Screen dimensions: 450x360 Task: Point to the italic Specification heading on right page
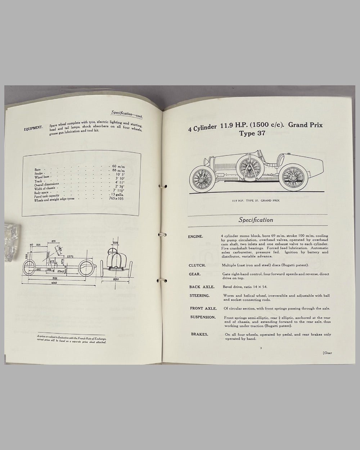point(256,220)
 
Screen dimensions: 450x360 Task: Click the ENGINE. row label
point(195,237)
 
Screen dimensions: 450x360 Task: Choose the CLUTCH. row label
point(197,265)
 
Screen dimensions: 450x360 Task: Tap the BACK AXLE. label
point(202,287)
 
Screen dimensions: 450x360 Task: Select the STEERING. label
point(200,296)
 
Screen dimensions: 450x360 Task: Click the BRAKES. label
point(200,334)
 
